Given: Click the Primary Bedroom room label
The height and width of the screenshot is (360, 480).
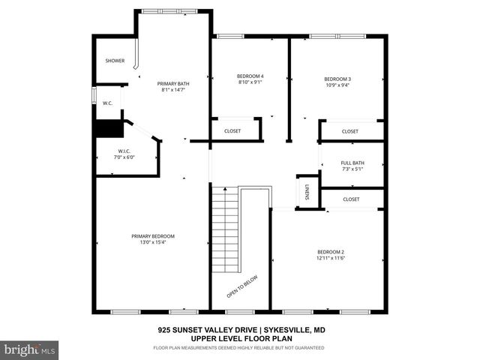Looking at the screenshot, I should click(148, 235).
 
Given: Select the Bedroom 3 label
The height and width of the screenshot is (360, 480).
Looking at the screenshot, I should click(337, 79).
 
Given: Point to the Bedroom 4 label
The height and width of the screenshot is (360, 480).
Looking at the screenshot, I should click(250, 76).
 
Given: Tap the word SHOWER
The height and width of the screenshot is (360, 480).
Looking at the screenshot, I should click(115, 61).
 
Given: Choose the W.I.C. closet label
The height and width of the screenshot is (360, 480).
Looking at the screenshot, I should click(124, 152).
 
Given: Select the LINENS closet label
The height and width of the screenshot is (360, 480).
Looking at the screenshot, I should click(307, 192).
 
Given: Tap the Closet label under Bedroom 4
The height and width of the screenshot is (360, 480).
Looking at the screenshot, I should click(232, 131).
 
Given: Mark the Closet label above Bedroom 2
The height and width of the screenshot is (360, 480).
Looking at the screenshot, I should click(351, 199).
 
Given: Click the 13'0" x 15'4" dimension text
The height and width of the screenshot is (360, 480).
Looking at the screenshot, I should click(148, 241).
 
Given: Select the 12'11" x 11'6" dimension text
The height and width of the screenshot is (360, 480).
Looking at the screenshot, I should click(330, 258).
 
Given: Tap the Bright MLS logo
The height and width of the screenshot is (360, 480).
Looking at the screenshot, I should click(30, 349).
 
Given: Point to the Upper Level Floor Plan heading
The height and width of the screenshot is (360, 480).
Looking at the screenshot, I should click(240, 338).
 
